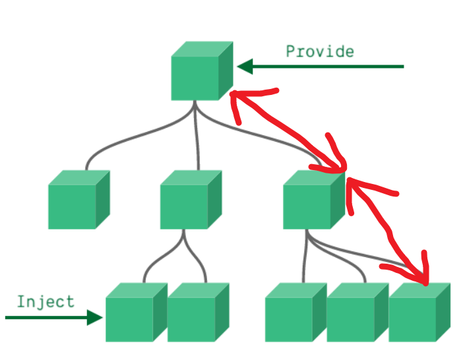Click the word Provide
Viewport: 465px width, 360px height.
[x=319, y=51]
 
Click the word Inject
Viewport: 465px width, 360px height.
[x=46, y=302]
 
